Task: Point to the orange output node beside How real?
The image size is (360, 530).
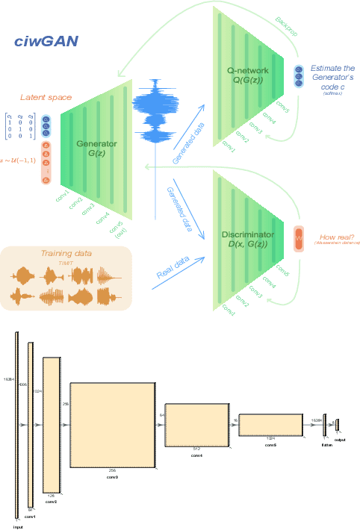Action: [x=300, y=239]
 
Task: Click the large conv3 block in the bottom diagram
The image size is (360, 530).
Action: [x=111, y=424]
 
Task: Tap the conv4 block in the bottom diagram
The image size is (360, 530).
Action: [x=196, y=424]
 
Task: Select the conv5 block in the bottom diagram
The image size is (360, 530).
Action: [x=269, y=424]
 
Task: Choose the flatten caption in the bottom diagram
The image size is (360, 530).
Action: [x=326, y=444]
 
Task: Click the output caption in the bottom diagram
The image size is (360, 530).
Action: [x=340, y=439]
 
